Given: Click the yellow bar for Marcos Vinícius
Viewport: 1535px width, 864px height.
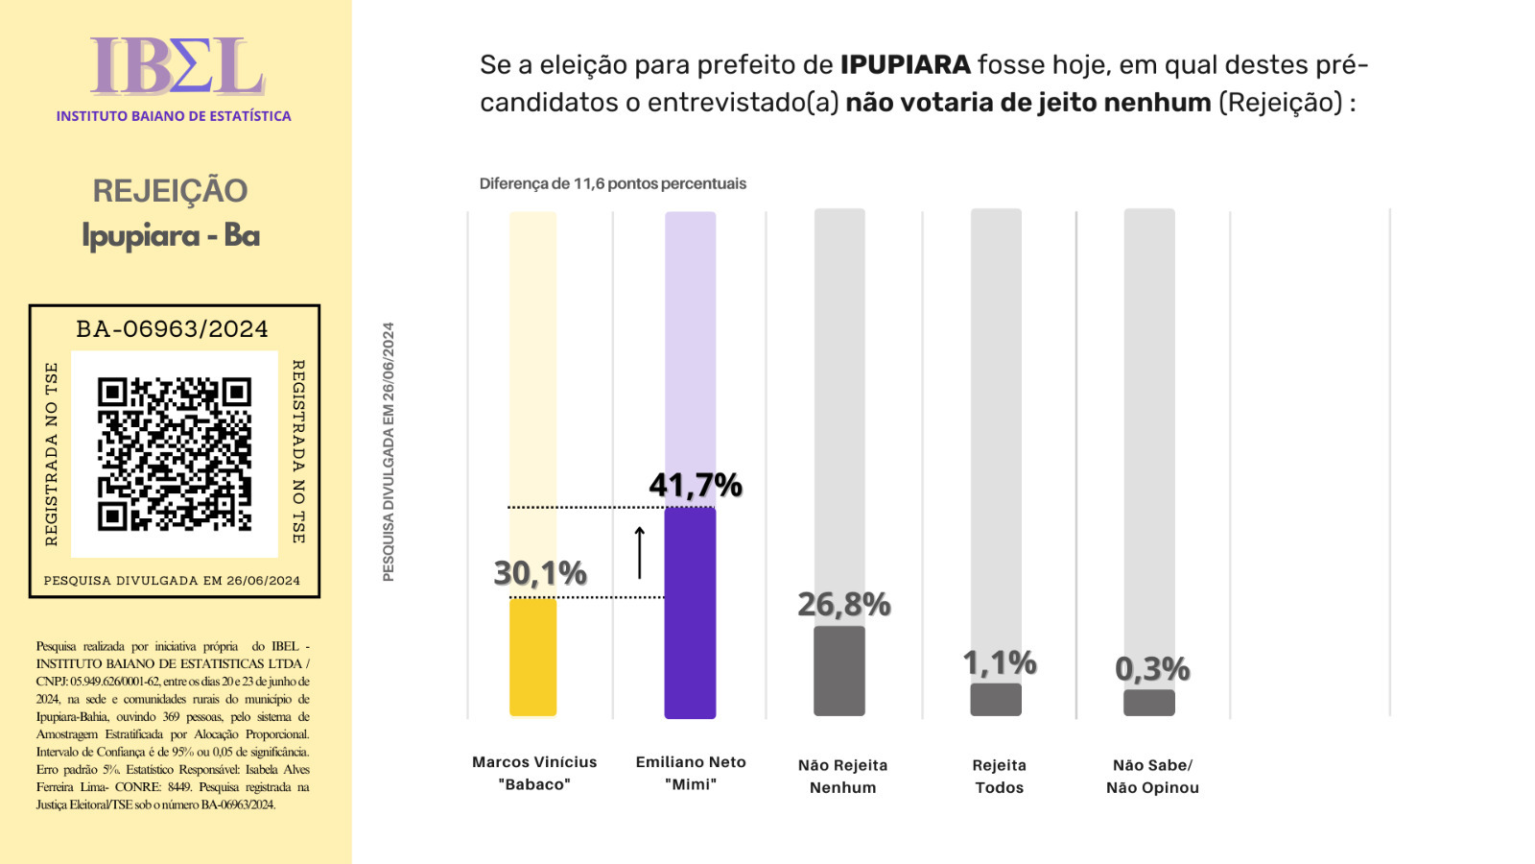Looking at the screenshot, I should pos(532,657).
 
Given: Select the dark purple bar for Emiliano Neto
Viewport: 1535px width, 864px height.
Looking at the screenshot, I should pos(690,612).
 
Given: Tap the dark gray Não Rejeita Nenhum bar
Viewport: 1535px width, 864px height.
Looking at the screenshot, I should pos(839,671).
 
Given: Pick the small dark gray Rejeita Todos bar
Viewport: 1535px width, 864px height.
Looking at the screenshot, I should pos(996,699).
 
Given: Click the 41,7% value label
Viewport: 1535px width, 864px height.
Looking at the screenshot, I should pos(696,486).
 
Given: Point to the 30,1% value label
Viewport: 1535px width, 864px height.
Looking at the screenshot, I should pos(540,573).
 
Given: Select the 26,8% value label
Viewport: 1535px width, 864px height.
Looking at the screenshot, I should pos(844,604).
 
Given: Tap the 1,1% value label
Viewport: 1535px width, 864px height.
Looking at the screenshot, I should pos(1000,662).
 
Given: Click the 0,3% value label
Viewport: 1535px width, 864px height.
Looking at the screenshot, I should pos(1152,668).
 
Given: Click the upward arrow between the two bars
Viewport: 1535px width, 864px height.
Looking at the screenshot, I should pos(640,552).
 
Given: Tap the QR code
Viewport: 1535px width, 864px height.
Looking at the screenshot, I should pos(175,454).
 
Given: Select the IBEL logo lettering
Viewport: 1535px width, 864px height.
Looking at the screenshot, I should pos(177,67).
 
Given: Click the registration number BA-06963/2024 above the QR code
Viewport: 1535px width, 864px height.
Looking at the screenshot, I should pos(173,329).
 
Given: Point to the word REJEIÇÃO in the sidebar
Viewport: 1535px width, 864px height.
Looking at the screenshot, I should pos(170,191).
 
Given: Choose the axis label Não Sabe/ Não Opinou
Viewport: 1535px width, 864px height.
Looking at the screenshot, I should pos(1152,777).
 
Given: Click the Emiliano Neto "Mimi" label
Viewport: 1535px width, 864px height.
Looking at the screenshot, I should pos(690,773).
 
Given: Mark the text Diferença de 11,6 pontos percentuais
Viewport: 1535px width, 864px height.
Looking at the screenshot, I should pos(613,183).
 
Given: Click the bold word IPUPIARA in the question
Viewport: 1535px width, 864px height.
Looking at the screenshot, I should pos(906,65).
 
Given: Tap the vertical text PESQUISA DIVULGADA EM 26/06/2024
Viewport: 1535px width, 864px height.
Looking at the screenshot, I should pos(389,451).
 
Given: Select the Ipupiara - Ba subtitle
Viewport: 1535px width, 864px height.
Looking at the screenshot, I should pos(171,236).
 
